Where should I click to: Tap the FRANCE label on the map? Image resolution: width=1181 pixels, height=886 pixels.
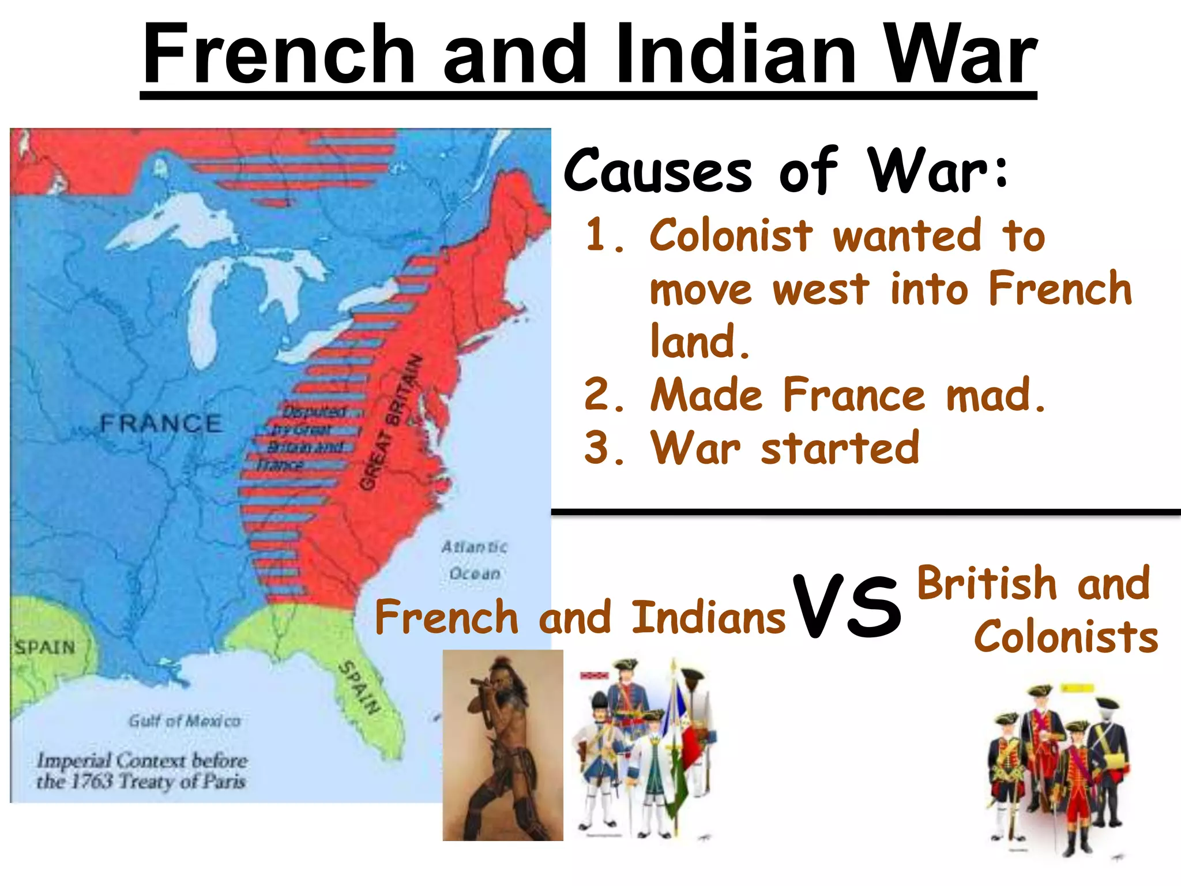click(x=160, y=424)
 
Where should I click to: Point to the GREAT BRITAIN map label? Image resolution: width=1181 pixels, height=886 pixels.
click(x=391, y=424)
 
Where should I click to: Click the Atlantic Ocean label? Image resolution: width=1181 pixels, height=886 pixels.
click(x=474, y=560)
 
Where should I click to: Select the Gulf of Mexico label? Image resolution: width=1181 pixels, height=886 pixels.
click(x=185, y=721)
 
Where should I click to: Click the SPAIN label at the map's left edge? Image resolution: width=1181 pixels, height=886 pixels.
click(x=45, y=647)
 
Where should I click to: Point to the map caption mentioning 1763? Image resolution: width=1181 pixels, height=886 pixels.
click(x=142, y=771)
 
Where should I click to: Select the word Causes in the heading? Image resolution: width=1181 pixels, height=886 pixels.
click(x=657, y=171)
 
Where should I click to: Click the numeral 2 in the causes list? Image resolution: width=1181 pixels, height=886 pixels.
click(x=600, y=396)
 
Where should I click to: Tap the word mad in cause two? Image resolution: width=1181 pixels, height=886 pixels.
click(x=995, y=396)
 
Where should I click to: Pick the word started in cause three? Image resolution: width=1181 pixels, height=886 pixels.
click(x=840, y=449)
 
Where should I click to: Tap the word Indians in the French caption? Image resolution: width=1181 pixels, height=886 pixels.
click(x=708, y=617)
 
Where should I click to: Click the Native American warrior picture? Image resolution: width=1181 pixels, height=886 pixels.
click(x=503, y=745)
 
